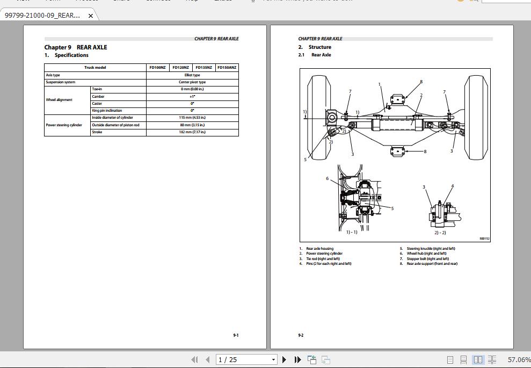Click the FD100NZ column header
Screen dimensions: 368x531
157,68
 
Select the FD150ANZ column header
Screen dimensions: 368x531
226,68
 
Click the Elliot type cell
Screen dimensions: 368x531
192,75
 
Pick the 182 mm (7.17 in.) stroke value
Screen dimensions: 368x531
192,132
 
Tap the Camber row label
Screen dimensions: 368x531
98,97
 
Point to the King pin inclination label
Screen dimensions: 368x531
107,111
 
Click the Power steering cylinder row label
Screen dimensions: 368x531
64,125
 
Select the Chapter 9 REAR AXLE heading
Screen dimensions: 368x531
76,47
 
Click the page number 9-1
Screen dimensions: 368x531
236,335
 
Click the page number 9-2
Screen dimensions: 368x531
301,335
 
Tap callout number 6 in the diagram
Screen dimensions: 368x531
327,179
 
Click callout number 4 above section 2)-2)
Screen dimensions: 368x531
452,186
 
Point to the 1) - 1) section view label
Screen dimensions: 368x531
352,233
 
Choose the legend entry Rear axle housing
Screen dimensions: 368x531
319,249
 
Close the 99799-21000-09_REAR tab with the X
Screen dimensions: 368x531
90,16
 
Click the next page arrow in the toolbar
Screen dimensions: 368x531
284,359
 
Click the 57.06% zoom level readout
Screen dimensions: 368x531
519,359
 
